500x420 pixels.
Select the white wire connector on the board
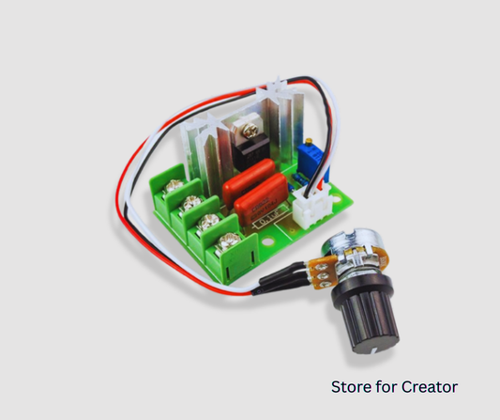pyautogui.click(x=310, y=204)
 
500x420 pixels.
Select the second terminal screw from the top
pyautogui.click(x=191, y=204)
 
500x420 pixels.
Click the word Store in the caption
pyautogui.click(x=350, y=386)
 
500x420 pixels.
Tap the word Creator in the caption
pyautogui.click(x=428, y=386)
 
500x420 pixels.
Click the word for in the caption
pyautogui.click(x=385, y=386)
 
